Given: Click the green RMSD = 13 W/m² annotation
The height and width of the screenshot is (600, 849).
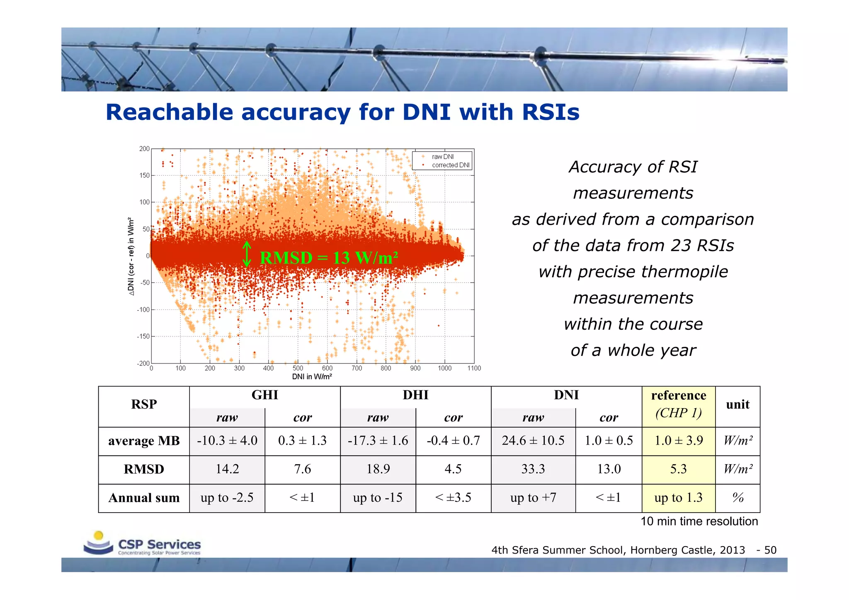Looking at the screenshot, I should tap(329, 258).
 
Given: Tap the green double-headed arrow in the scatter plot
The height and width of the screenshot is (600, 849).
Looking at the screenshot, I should tap(247, 254).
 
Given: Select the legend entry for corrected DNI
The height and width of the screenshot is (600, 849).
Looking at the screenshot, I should tap(450, 165).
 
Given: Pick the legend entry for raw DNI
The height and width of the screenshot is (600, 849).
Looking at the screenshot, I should tap(442, 157).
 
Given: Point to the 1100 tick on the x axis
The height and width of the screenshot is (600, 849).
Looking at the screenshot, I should tap(474, 368).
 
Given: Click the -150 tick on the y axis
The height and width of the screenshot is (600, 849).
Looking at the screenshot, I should tap(143, 336).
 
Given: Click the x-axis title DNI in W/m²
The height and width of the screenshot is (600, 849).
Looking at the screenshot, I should tap(312, 377).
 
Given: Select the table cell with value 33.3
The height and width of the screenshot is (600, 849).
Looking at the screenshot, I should tap(533, 469).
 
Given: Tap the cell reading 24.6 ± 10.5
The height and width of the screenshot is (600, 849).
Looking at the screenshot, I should tap(533, 440).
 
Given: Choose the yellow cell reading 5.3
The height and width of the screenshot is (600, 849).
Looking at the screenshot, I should tap(678, 469).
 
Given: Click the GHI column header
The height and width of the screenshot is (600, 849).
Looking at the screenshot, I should tap(264, 395).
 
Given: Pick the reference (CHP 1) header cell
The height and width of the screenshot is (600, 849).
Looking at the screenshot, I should tap(678, 404).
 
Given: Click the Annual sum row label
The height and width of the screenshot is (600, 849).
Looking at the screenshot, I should tap(144, 498).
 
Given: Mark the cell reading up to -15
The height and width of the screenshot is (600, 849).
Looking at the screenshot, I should tap(378, 498).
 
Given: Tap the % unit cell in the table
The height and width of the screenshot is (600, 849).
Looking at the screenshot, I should tap(738, 498).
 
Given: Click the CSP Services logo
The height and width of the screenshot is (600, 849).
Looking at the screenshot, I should tap(142, 544).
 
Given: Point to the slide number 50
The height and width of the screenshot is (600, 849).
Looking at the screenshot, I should tap(770, 550).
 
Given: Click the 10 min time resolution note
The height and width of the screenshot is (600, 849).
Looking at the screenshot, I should tap(699, 521).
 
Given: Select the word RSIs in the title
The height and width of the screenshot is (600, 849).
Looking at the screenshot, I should tap(551, 112).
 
